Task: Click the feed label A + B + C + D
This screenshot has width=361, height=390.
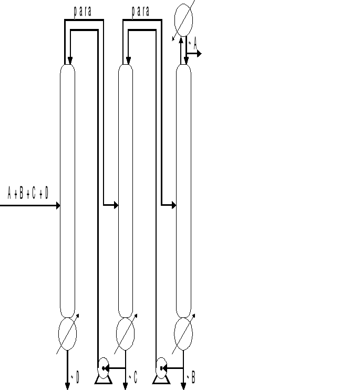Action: point(28,193)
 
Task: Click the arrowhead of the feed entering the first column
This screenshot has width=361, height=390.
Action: point(57,205)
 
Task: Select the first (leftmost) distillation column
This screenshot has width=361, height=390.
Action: point(67,189)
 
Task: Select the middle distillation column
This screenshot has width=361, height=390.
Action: point(125,189)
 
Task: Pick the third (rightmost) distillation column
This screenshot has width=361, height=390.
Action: point(183,189)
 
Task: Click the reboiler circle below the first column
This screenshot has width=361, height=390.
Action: point(67,334)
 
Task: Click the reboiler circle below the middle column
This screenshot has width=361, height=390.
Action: point(125,334)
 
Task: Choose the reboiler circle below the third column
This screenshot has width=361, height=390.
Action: point(183,334)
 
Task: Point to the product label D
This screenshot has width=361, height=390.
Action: point(77,377)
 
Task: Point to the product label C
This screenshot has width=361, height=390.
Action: point(135,377)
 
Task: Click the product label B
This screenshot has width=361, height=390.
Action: point(193,377)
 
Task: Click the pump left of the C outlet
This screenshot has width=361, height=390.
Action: point(103,365)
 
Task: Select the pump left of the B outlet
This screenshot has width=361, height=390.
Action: point(161,365)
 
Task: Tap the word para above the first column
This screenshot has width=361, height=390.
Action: point(83,11)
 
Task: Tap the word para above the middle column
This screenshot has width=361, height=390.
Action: point(140,11)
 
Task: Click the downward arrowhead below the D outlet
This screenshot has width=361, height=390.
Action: point(67,386)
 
